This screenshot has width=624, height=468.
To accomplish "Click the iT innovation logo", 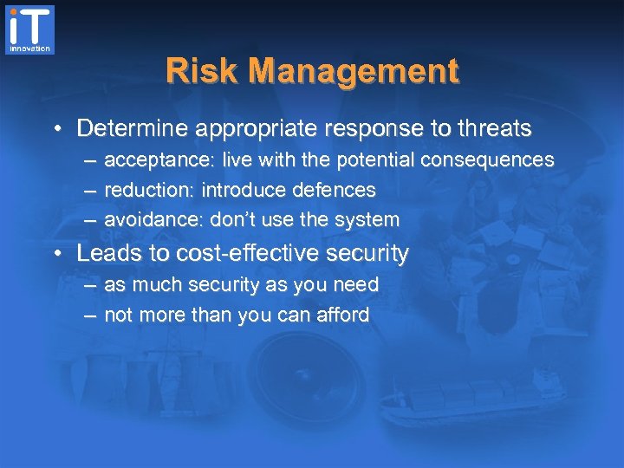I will tap(30, 29).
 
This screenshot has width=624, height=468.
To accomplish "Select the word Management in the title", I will tap(353, 71).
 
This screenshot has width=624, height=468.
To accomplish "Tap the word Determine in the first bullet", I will tap(133, 129).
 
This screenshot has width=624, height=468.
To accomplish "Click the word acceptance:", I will tap(159, 160).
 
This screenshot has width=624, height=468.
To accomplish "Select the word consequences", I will tap(489, 160).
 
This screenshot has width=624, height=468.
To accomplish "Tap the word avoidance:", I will tap(154, 219).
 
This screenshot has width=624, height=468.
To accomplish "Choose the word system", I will tap(367, 219).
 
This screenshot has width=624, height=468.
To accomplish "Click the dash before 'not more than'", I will tap(90, 315).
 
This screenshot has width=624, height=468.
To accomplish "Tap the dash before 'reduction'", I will tap(90, 191).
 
